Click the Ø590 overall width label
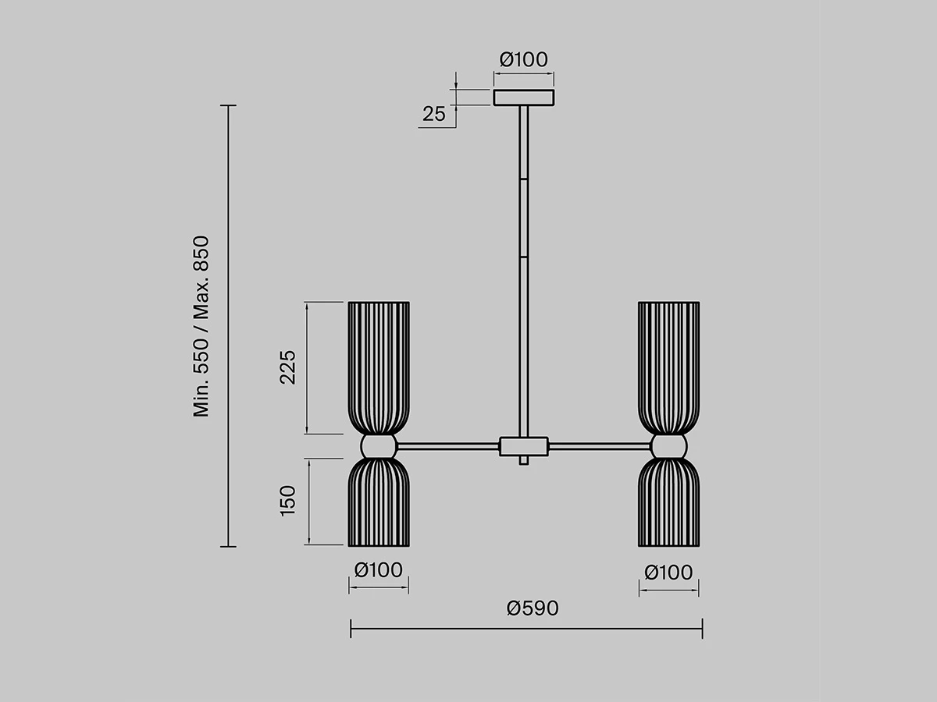(533, 608)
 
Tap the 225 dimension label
(287, 367)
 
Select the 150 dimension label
(287, 501)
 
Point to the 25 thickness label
(433, 114)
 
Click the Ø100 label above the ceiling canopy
(523, 60)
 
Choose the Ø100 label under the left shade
(378, 570)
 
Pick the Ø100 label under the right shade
(668, 573)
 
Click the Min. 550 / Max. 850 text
(201, 326)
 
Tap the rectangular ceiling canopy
(524, 97)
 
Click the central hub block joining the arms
(524, 446)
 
